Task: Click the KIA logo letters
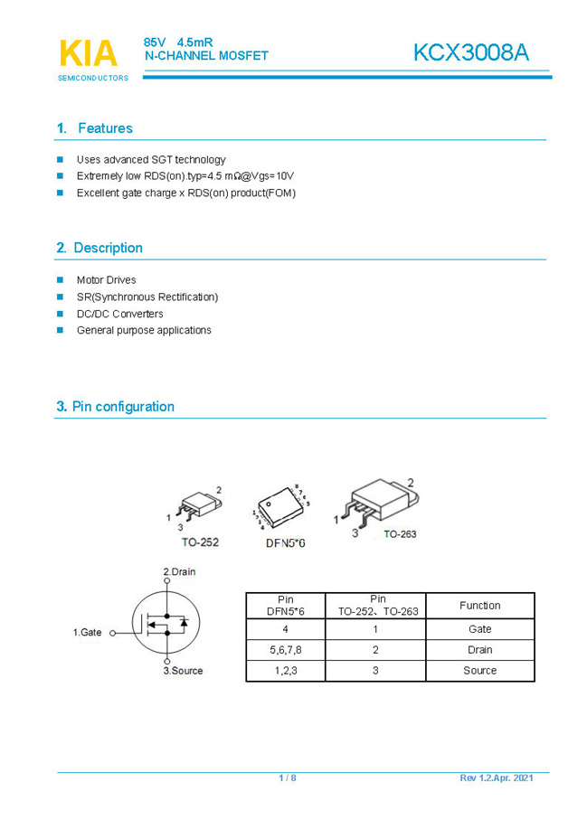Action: click(88, 54)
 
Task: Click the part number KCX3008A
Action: click(470, 53)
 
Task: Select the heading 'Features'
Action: click(105, 128)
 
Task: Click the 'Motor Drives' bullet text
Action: click(106, 280)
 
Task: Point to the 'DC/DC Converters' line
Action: click(119, 314)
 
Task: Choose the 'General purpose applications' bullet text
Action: click(144, 331)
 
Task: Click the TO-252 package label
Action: click(200, 543)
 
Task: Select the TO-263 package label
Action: click(400, 534)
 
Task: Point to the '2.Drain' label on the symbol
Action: click(179, 571)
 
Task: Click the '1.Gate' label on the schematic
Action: click(87, 633)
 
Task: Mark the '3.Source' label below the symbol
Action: click(183, 671)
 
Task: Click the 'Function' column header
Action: click(479, 606)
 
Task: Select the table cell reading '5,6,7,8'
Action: click(286, 650)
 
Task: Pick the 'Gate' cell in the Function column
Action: click(479, 629)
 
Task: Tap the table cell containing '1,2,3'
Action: click(286, 671)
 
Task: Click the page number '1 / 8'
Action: click(288, 778)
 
